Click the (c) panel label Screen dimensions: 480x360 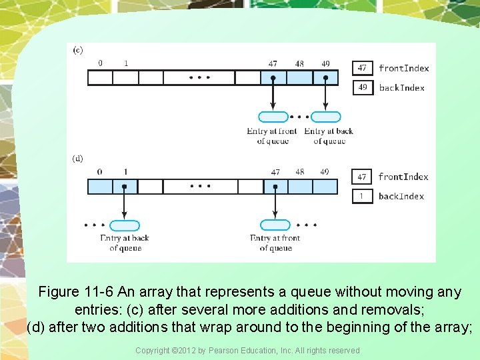pos(78,50)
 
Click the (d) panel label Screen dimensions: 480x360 pos(78,159)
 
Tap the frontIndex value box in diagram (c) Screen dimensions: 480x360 pos(362,68)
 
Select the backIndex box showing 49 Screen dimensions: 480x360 pos(362,87)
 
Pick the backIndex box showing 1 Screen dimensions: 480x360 pos(362,196)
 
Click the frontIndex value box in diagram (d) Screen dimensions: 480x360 pos(362,177)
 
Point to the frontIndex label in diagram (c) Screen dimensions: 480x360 pos(403,68)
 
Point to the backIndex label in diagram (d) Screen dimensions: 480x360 pos(401,196)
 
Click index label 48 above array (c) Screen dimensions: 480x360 pos(299,64)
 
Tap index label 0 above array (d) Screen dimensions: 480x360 pos(99,172)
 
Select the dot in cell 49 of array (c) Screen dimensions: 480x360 pos(325,78)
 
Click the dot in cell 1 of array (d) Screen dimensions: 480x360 pos(125,187)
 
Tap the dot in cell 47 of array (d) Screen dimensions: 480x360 pos(275,187)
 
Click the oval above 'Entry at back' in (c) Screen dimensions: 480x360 pos(325,117)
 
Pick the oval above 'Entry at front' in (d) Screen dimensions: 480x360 pos(275,225)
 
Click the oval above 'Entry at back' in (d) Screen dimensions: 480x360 pos(125,225)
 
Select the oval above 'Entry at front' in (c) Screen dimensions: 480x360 pos(273,117)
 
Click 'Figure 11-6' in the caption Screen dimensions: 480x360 pos(76,292)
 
